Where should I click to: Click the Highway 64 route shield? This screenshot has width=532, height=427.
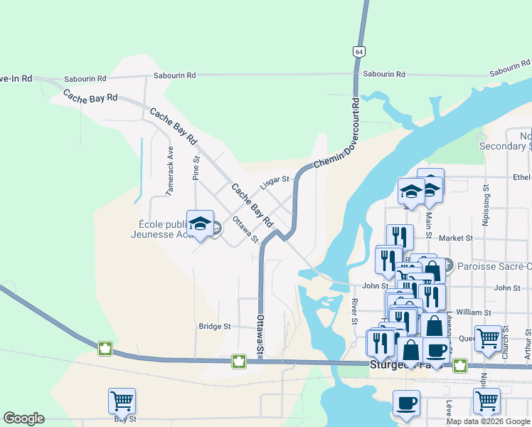pos(358,52)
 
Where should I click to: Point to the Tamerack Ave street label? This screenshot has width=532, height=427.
pos(170,172)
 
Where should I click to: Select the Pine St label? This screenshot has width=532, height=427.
pos(196,169)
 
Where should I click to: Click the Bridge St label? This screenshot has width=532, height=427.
pos(215,327)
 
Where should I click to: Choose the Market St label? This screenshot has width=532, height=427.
pos(456,238)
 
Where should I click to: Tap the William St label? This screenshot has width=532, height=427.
pos(474,312)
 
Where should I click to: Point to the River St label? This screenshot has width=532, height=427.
pos(354,311)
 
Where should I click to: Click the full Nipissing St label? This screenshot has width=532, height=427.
pos(486,206)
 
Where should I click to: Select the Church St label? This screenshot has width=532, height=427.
pos(506,340)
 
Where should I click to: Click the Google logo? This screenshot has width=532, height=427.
pos(23,418)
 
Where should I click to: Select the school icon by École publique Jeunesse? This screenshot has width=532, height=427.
pos(200,223)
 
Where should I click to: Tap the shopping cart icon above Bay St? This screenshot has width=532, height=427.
pos(122,401)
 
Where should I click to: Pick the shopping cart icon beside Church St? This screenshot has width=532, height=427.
pos(487,339)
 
